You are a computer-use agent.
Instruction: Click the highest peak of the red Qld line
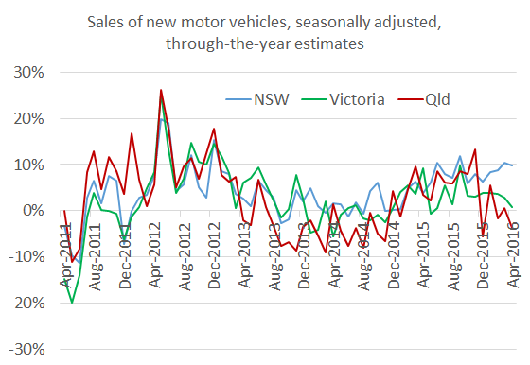coord(161,90)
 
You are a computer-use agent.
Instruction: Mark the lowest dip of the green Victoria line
coord(72,303)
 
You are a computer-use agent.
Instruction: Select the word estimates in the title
coord(330,43)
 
